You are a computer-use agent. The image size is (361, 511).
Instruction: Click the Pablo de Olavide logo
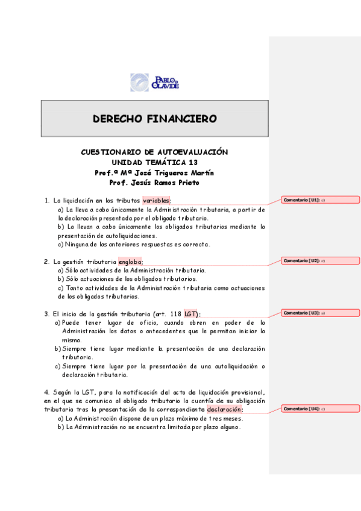(x=154, y=82)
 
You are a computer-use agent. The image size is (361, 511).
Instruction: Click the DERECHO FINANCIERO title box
(x=154, y=119)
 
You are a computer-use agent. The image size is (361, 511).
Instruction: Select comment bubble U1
(x=320, y=200)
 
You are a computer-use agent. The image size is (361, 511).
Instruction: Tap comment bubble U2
(x=320, y=261)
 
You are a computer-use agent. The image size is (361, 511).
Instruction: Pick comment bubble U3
(x=320, y=313)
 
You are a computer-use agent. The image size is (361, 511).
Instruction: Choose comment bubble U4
(x=320, y=409)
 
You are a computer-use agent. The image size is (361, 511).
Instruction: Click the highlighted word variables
(x=156, y=201)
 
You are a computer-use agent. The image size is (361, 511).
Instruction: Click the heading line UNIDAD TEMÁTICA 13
(x=154, y=162)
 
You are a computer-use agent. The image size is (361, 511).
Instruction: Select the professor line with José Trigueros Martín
(x=154, y=172)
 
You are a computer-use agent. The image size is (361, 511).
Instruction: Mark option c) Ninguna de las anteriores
(x=134, y=245)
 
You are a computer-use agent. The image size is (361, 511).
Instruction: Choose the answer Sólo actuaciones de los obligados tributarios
(x=127, y=279)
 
